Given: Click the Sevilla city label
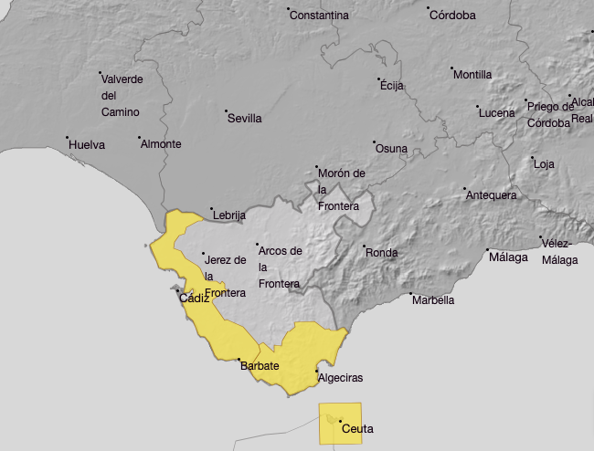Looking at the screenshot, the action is [245, 119].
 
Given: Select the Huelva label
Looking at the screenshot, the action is [87, 144].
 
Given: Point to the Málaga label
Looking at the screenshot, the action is [509, 257].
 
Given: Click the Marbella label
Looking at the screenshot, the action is [433, 300].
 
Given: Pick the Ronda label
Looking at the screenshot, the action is [382, 252].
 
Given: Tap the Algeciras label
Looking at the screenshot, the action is [340, 378].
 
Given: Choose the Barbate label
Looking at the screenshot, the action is [260, 366].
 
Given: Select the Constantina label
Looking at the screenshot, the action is [319, 16].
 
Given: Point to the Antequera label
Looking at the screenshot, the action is [492, 195].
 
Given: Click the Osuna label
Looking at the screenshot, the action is [391, 149].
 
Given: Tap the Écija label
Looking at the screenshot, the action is [391, 86].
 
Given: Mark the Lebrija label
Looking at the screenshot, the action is [229, 215].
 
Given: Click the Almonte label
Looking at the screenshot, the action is [161, 144].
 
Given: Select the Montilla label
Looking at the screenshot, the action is [472, 75].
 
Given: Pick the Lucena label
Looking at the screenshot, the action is [497, 112].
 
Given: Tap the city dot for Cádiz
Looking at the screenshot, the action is [177, 291].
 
